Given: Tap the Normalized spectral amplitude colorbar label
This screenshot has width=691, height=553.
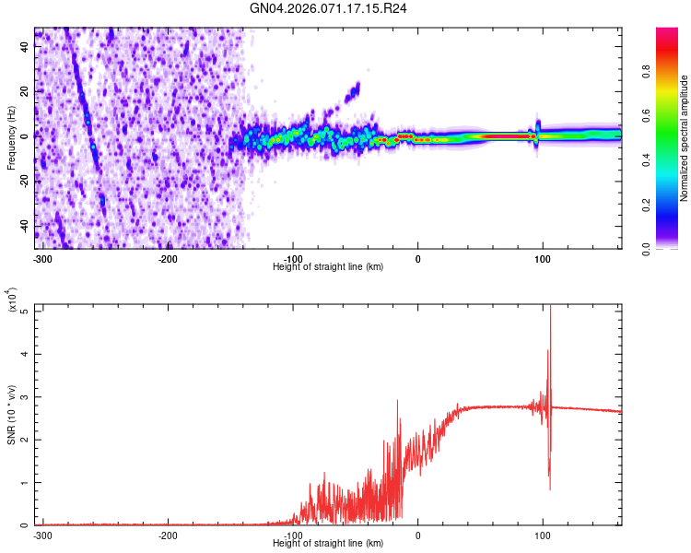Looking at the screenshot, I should pos(685,139).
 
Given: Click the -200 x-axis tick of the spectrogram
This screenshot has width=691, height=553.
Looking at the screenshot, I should pos(168,258).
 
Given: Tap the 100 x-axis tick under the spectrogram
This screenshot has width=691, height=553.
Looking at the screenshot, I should pos(543,258).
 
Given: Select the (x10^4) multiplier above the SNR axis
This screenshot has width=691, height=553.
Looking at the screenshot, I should pos(13,300).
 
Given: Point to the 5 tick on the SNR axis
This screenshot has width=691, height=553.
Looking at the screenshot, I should pos(26,312).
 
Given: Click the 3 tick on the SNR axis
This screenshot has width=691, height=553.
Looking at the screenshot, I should pos(26,397).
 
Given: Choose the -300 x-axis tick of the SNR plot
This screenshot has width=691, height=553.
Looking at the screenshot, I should pos(42,535).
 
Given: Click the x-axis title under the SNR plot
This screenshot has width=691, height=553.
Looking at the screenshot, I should pos(329,544).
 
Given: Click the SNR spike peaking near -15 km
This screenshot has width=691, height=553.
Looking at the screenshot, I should pos(397,402).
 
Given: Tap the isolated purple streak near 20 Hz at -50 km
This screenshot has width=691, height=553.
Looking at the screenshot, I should pos(352,91).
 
